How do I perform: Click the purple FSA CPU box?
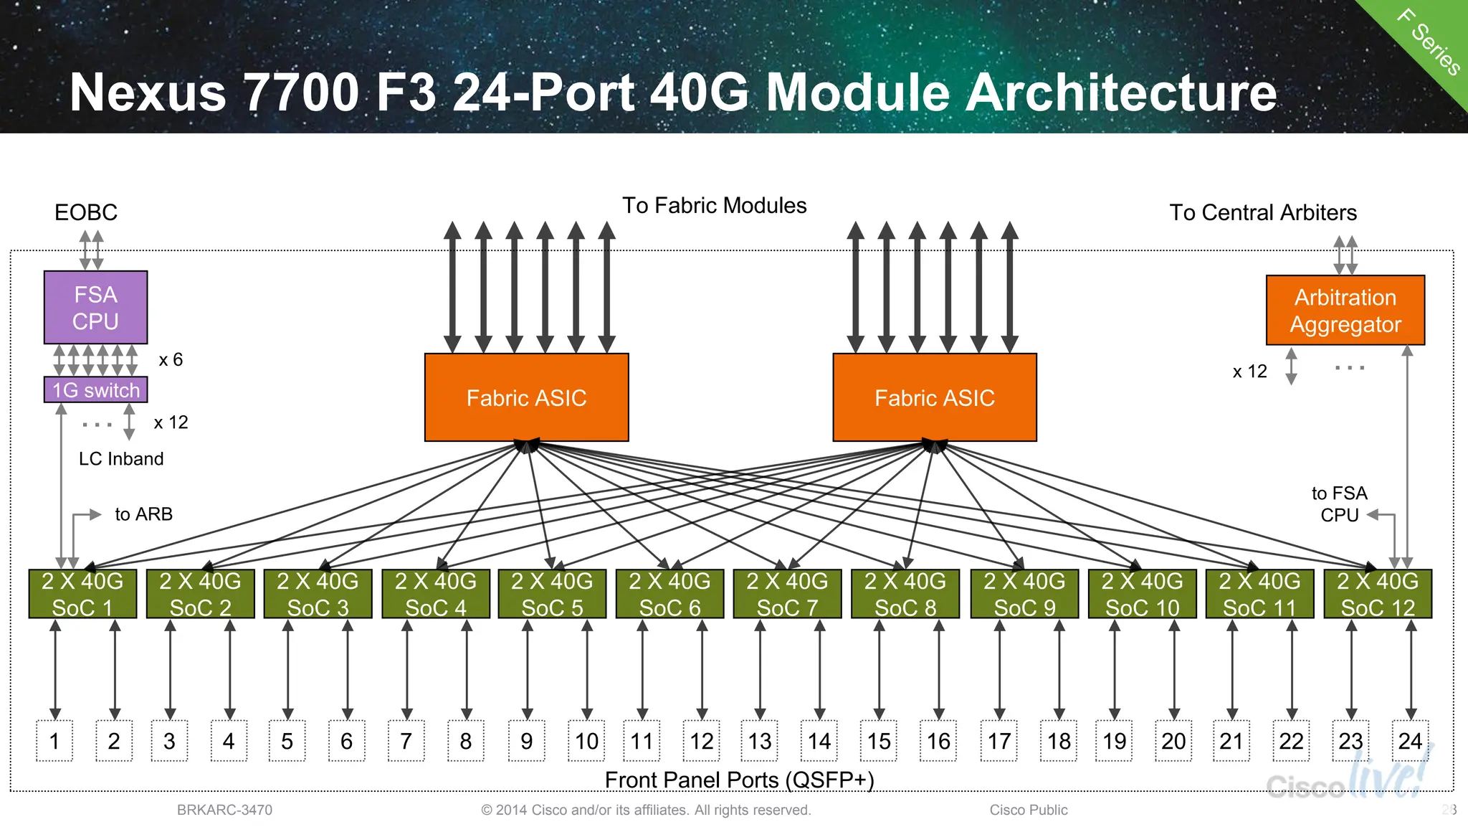95,307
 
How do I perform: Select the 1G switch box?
95,390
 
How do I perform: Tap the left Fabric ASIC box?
526,397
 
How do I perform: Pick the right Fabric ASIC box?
934,397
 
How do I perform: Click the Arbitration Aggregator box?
1345,311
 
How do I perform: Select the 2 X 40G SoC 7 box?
787,594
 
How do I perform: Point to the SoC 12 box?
1377,594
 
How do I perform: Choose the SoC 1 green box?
82,594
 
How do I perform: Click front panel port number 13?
760,741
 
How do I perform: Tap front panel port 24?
1410,741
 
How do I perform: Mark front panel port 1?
54,741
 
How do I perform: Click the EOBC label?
86,212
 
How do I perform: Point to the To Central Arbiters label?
1263,212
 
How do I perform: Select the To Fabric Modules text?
714,206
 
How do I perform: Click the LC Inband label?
121,459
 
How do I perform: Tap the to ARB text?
143,514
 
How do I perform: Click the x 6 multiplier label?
171,359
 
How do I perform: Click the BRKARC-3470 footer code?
224,810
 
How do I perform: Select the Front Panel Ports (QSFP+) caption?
739,780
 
